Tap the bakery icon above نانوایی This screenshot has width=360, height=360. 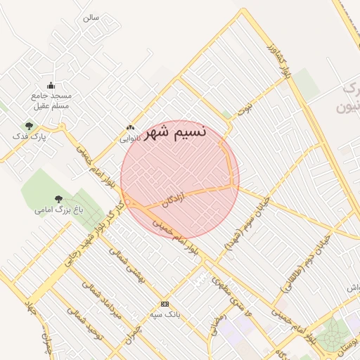point(129,127)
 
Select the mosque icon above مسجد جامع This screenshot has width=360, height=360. point(51,85)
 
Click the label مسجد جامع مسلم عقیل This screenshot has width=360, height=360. point(51,100)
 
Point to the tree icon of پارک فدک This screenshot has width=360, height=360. point(29,126)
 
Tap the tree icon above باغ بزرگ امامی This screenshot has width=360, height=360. point(58,200)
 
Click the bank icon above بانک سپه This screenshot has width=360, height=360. point(165,304)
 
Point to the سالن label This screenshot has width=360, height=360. point(90,16)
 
